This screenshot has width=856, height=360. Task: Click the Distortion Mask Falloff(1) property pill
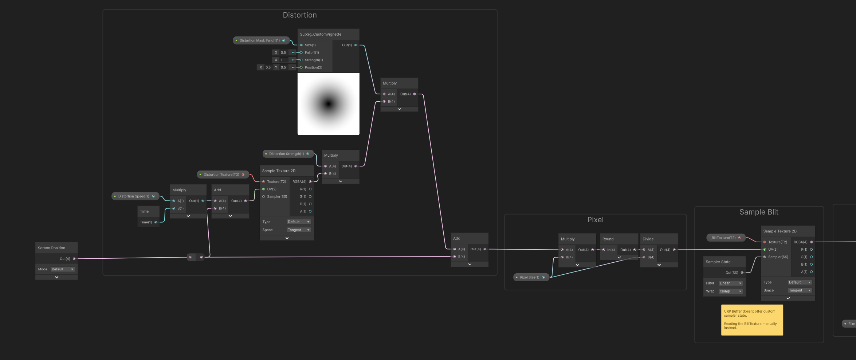[x=261, y=40]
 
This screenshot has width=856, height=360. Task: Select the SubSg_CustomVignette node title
[x=321, y=34]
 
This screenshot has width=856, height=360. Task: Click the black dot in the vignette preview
[x=329, y=104]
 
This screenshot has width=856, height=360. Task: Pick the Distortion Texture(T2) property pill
[x=223, y=175]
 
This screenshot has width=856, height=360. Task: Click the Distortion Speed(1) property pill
[x=135, y=196]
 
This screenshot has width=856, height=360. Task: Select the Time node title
[x=144, y=211]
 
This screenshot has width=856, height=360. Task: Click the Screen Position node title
[x=51, y=248]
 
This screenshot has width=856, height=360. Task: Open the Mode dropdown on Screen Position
[x=63, y=269]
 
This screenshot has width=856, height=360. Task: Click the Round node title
[x=608, y=239]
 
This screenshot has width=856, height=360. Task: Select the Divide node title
[x=648, y=239]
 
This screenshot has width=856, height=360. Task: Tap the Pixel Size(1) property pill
[x=531, y=277]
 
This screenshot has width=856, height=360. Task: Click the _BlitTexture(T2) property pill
[x=726, y=238]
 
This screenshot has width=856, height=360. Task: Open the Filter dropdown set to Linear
[x=730, y=283]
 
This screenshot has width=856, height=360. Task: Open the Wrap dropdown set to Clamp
[x=730, y=291]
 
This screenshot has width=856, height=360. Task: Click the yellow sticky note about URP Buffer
[x=752, y=320]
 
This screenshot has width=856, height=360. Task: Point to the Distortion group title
[x=300, y=15]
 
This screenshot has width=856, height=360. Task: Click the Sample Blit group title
[x=759, y=212]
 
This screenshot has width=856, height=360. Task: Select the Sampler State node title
[x=718, y=262]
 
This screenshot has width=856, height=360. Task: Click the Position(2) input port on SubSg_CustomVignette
[x=301, y=67]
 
